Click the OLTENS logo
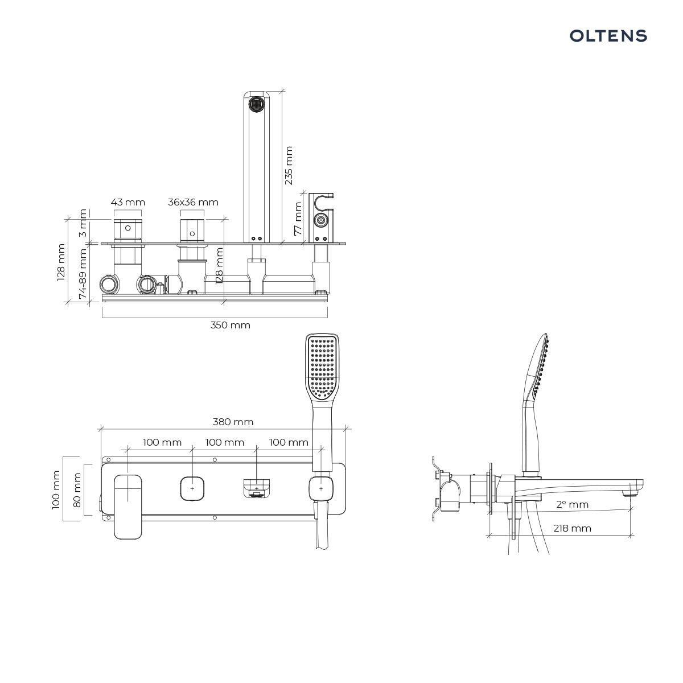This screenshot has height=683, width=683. (x=608, y=36)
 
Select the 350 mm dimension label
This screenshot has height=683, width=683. (x=231, y=325)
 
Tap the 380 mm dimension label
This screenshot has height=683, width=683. (x=233, y=422)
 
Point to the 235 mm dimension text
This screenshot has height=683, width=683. (x=289, y=165)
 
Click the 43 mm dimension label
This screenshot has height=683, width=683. (x=128, y=202)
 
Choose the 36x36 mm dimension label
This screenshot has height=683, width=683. (x=193, y=202)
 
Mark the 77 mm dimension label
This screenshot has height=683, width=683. (x=298, y=219)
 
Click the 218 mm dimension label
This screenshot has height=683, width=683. (x=573, y=528)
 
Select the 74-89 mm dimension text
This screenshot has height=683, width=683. (x=82, y=274)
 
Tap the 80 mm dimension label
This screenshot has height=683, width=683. (x=77, y=490)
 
